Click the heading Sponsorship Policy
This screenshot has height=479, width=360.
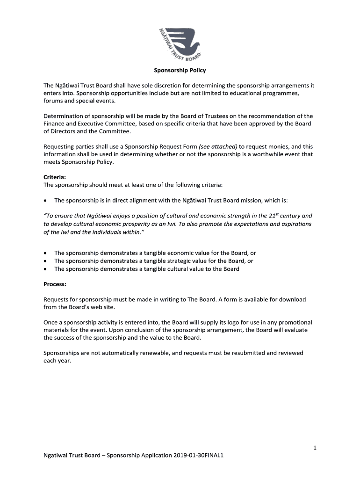click(180, 71)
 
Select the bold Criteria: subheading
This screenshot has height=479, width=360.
click(55, 177)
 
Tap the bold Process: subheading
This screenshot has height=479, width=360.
click(55, 284)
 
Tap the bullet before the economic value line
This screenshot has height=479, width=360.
click(45, 253)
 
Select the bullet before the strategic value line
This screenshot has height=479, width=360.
click(45, 261)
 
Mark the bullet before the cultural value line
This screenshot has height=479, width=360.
click(45, 269)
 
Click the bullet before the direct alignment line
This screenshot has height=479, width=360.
click(45, 200)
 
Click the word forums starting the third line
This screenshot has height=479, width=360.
click(54, 101)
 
